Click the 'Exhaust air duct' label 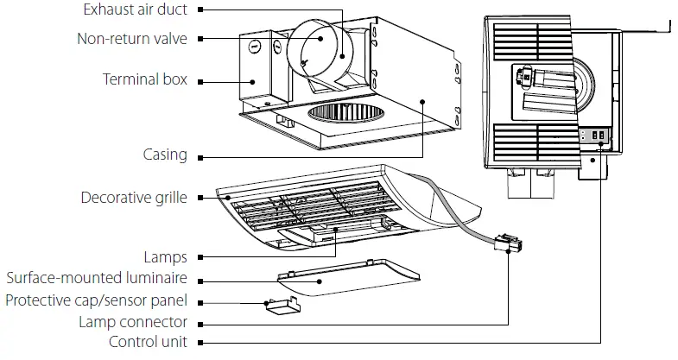tap(136, 10)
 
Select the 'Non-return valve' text tap(131, 39)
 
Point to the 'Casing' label tap(164, 155)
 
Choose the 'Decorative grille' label tap(133, 198)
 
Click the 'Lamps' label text tap(165, 257)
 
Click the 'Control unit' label tap(148, 342)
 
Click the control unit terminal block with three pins tap(597, 136)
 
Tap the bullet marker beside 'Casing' tap(200, 157)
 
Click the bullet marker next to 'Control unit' tap(200, 343)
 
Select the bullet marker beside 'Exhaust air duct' tap(200, 10)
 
